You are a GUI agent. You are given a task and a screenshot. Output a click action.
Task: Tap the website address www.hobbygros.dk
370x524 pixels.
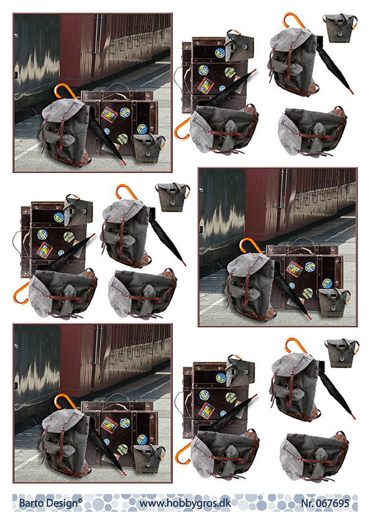[185, 503]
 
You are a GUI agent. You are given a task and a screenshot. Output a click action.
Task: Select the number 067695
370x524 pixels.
[333, 503]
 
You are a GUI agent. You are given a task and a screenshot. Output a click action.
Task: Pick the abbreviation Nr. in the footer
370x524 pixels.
[308, 503]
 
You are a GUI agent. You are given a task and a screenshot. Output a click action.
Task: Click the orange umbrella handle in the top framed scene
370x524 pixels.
[65, 91]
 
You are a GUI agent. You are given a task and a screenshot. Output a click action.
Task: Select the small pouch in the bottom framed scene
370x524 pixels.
[148, 459]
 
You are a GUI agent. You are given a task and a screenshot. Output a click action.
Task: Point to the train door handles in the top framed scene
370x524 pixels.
[98, 34]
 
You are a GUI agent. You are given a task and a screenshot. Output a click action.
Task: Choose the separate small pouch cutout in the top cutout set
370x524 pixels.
[340, 28]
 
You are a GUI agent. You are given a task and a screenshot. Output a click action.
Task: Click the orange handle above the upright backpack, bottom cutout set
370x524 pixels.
[296, 345]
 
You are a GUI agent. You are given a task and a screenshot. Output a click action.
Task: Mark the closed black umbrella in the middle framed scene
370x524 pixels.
[292, 290]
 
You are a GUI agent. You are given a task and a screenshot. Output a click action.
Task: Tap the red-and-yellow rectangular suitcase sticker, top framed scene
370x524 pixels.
[109, 115]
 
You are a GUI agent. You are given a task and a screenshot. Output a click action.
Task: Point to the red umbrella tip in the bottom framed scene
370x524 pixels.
[124, 472]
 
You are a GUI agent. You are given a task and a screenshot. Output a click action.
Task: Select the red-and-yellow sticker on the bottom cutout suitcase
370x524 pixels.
[206, 409]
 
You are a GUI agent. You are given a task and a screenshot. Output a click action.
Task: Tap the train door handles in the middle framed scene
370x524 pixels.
[284, 188]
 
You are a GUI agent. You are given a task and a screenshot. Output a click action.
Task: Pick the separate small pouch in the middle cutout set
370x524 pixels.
[172, 197]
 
